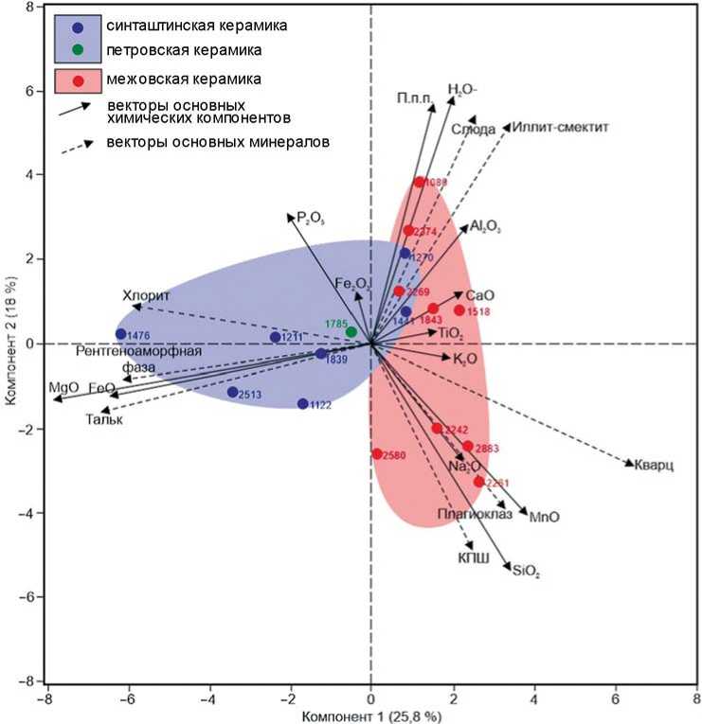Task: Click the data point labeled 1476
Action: [x=120, y=334]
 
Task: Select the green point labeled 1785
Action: [x=351, y=332]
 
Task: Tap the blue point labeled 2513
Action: [x=232, y=392]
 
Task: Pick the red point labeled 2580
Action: [x=377, y=454]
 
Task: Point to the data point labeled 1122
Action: [x=303, y=404]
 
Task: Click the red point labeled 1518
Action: [x=459, y=310]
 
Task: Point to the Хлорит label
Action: [x=145, y=295]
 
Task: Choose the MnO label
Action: [x=545, y=517]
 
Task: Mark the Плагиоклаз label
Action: [x=474, y=514]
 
